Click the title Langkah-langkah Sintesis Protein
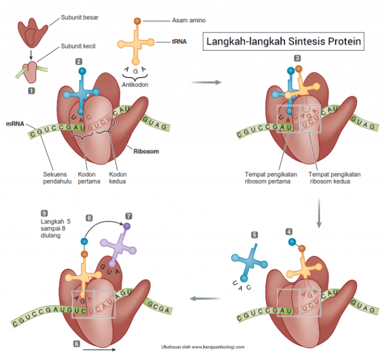click(x=284, y=42)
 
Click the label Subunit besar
click(x=79, y=17)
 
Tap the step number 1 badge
click(x=31, y=90)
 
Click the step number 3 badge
click(x=297, y=58)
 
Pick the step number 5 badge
click(x=254, y=235)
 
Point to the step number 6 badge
click(x=76, y=344)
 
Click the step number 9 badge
click(x=44, y=213)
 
